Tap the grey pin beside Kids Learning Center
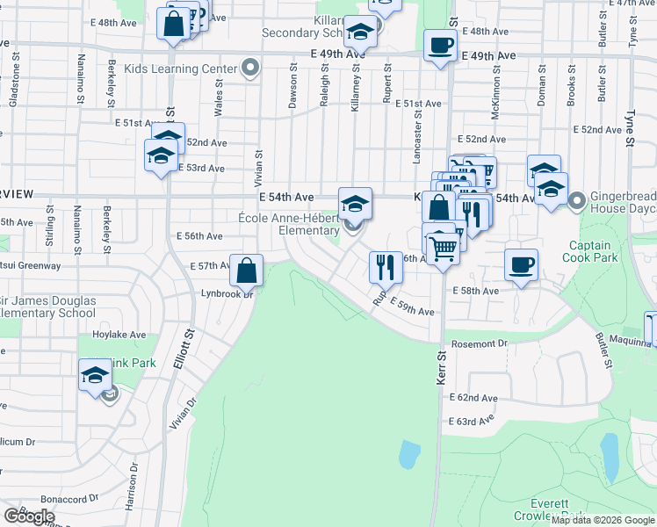click(x=250, y=69)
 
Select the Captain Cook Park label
click(x=594, y=252)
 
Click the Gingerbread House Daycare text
click(x=620, y=202)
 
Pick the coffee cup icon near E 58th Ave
click(x=522, y=264)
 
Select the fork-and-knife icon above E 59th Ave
click(x=386, y=267)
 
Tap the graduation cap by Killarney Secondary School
click(x=359, y=33)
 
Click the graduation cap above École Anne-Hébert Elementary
click(x=355, y=204)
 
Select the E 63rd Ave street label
click(x=472, y=422)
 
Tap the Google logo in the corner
click(x=29, y=516)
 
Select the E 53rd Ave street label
click(x=201, y=168)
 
